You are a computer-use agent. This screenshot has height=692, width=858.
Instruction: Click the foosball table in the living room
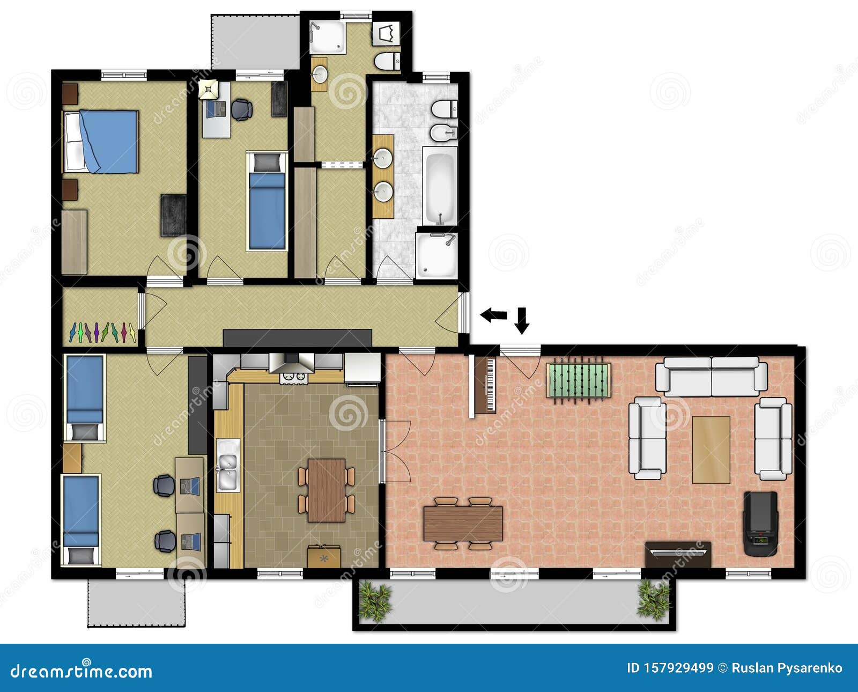pyautogui.click(x=579, y=380)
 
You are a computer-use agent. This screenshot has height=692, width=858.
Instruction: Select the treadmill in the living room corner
pyautogui.click(x=760, y=524)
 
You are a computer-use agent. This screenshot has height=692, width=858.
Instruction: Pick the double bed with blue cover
pyautogui.click(x=102, y=142)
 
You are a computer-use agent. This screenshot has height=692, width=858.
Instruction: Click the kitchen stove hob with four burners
pyautogui.click(x=294, y=378)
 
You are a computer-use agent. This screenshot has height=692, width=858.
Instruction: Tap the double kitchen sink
pyautogui.click(x=228, y=466)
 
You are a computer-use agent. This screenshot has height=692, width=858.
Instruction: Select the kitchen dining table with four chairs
pyautogui.click(x=326, y=489)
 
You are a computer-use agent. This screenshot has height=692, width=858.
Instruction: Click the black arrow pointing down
pyautogui.click(x=522, y=320)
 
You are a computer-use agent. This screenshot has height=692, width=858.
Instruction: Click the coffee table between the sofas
pyautogui.click(x=711, y=450)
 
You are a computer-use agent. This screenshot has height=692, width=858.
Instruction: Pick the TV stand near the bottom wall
pyautogui.click(x=678, y=554)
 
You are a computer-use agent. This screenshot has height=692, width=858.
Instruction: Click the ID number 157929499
pyautogui.click(x=670, y=668)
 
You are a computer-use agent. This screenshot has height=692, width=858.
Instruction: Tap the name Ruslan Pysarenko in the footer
pyautogui.click(x=787, y=668)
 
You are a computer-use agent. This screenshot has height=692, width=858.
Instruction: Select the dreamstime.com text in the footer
pyautogui.click(x=82, y=671)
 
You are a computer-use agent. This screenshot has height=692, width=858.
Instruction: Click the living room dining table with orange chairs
pyautogui.click(x=463, y=524)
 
